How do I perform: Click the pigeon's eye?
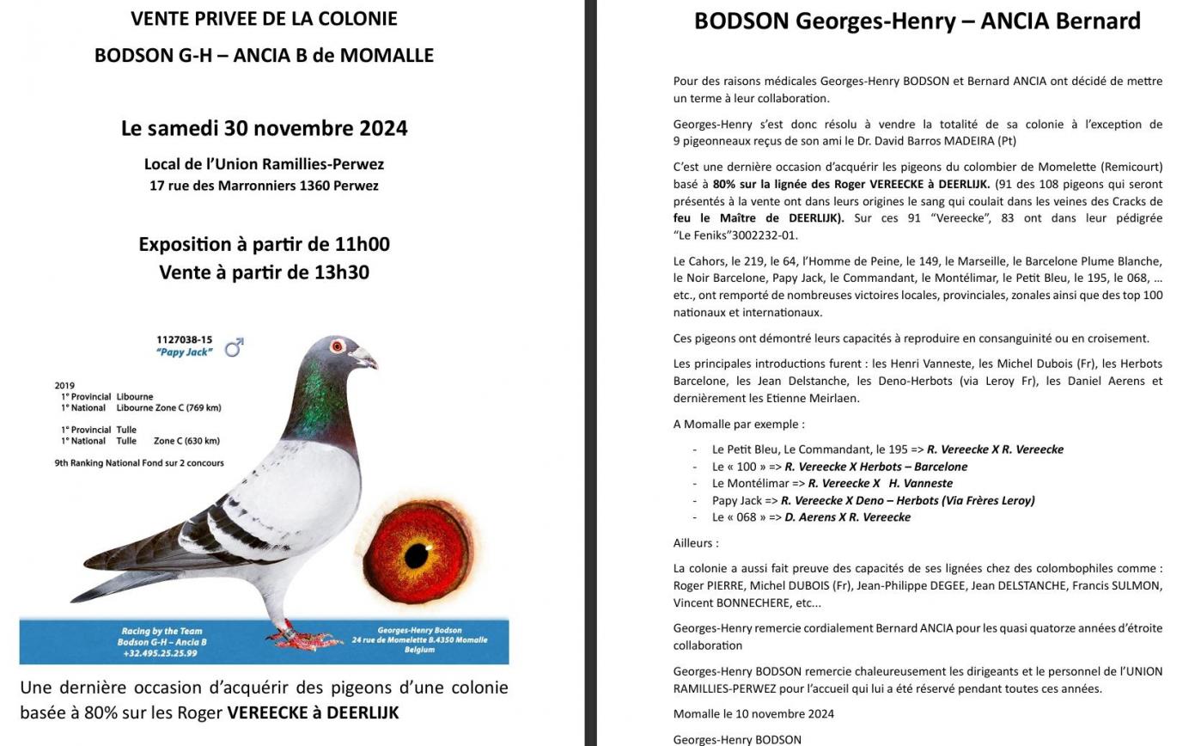click(x=337, y=346)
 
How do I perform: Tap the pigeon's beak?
click(x=364, y=357)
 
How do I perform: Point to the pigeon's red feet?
click(x=301, y=637)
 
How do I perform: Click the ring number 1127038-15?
click(x=184, y=340)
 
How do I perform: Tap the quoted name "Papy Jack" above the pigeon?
click(x=184, y=352)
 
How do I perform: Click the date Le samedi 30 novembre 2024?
click(x=264, y=128)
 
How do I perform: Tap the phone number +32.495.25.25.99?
click(x=160, y=653)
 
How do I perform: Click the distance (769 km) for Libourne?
click(x=200, y=407)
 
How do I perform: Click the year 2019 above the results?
click(x=64, y=386)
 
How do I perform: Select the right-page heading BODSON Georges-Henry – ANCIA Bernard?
click(x=917, y=21)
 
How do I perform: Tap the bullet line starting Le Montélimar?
click(x=832, y=483)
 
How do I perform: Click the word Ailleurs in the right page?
click(x=695, y=543)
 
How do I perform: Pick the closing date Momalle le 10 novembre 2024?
click(x=753, y=713)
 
